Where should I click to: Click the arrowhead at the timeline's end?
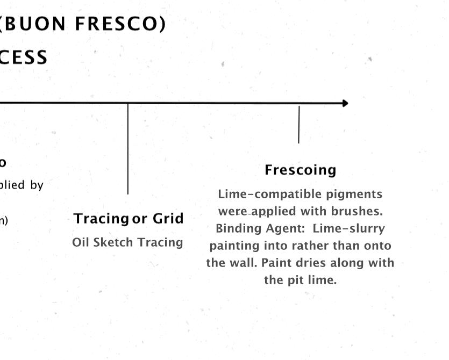pyautogui.click(x=345, y=103)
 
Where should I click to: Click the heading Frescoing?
pyautogui.click(x=300, y=170)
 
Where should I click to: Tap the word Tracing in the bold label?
pyautogui.click(x=101, y=219)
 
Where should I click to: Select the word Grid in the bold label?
pyautogui.click(x=168, y=219)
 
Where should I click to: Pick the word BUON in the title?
pyautogui.click(x=36, y=24)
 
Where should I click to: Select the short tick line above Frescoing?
pyautogui.click(x=299, y=125)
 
